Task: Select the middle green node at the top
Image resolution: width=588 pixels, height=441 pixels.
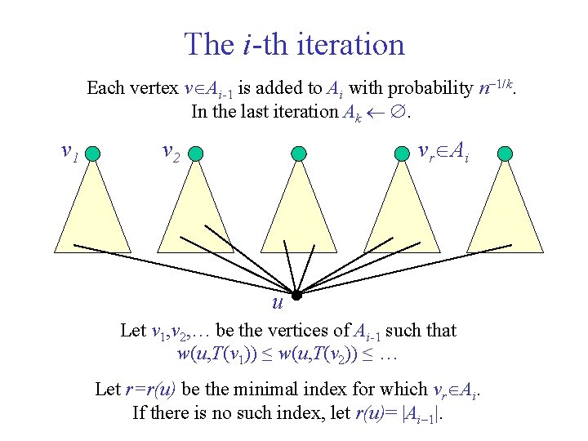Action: pyautogui.click(x=299, y=154)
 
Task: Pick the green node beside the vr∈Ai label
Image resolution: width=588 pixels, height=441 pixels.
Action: pyautogui.click(x=401, y=154)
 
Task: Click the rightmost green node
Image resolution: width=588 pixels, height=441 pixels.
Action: pyautogui.click(x=506, y=154)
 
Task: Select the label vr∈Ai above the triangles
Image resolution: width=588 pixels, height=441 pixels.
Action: pyautogui.click(x=442, y=150)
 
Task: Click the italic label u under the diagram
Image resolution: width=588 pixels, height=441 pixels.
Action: pyautogui.click(x=278, y=304)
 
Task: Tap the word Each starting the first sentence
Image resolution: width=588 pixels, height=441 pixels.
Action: pyautogui.click(x=105, y=87)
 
